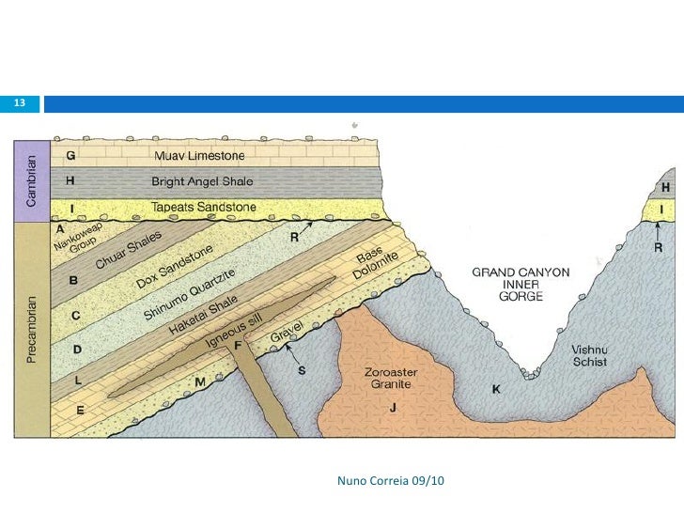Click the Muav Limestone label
pyautogui.click(x=199, y=155)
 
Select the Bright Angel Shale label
pyautogui.click(x=202, y=180)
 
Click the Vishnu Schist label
pyautogui.click(x=589, y=355)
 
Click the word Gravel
pyautogui.click(x=285, y=334)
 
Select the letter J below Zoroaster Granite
pyautogui.click(x=394, y=406)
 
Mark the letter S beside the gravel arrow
pyautogui.click(x=302, y=370)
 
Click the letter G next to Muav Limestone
pyautogui.click(x=71, y=154)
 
